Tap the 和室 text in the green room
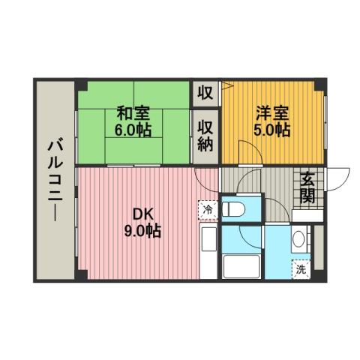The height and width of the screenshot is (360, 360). (x=133, y=114)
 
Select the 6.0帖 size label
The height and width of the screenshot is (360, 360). (x=133, y=130)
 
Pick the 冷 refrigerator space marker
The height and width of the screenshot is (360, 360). (x=208, y=210)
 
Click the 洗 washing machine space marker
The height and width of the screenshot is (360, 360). (x=300, y=268)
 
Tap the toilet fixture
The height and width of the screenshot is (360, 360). (x=235, y=210)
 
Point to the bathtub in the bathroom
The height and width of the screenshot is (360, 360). (x=242, y=266)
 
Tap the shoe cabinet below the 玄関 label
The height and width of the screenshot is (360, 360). (x=307, y=215)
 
